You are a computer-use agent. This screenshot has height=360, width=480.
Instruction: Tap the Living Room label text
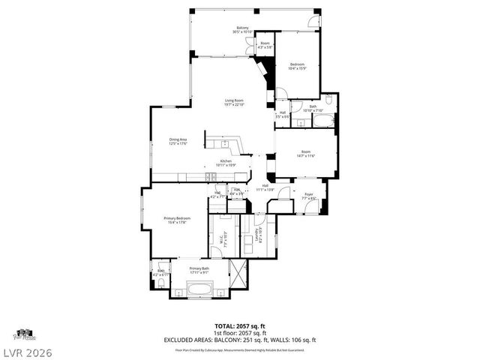(x=235, y=102)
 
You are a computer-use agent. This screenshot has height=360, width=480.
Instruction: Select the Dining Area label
(x=178, y=141)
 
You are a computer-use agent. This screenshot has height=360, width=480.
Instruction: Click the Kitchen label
(x=226, y=162)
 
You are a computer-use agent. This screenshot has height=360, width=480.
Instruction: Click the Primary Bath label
(x=199, y=270)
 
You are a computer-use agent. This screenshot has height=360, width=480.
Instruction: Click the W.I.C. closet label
(x=222, y=240)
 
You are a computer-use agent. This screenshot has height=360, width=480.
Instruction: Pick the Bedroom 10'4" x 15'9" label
(x=298, y=66)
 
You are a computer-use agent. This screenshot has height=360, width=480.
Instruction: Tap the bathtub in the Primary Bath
(x=199, y=287)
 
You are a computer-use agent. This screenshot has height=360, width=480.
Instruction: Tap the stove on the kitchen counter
(x=211, y=176)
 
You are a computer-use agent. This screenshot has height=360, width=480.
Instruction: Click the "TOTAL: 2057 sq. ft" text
(x=240, y=326)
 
